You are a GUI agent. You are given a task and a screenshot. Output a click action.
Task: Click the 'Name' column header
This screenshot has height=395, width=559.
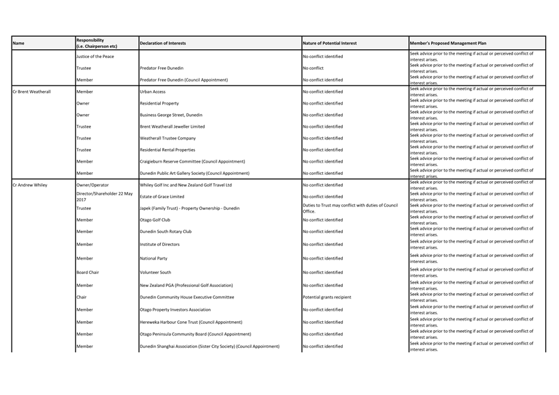[x=18, y=43]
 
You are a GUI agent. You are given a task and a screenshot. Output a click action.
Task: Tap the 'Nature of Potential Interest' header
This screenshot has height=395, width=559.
[x=329, y=43]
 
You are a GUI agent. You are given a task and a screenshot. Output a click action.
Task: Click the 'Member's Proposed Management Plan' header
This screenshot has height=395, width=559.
[x=448, y=43]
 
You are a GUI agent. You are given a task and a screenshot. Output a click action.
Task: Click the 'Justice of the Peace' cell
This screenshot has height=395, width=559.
[x=95, y=57]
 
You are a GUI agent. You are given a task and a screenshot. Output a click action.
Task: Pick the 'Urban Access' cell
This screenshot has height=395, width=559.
[x=153, y=92]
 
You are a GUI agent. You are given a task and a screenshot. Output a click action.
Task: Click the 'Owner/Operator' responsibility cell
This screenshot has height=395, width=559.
[x=94, y=185]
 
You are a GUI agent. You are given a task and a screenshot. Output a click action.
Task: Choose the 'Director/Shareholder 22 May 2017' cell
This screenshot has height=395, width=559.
[x=104, y=196]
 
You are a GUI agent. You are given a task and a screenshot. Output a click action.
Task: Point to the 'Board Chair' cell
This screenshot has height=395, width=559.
[x=88, y=273]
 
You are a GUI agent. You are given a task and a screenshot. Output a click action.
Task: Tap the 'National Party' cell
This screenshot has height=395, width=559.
[x=155, y=258]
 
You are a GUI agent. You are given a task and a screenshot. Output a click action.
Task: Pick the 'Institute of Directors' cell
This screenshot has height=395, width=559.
[x=161, y=244]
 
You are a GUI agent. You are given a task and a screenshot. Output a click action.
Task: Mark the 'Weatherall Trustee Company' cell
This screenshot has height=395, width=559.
[x=168, y=138]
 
